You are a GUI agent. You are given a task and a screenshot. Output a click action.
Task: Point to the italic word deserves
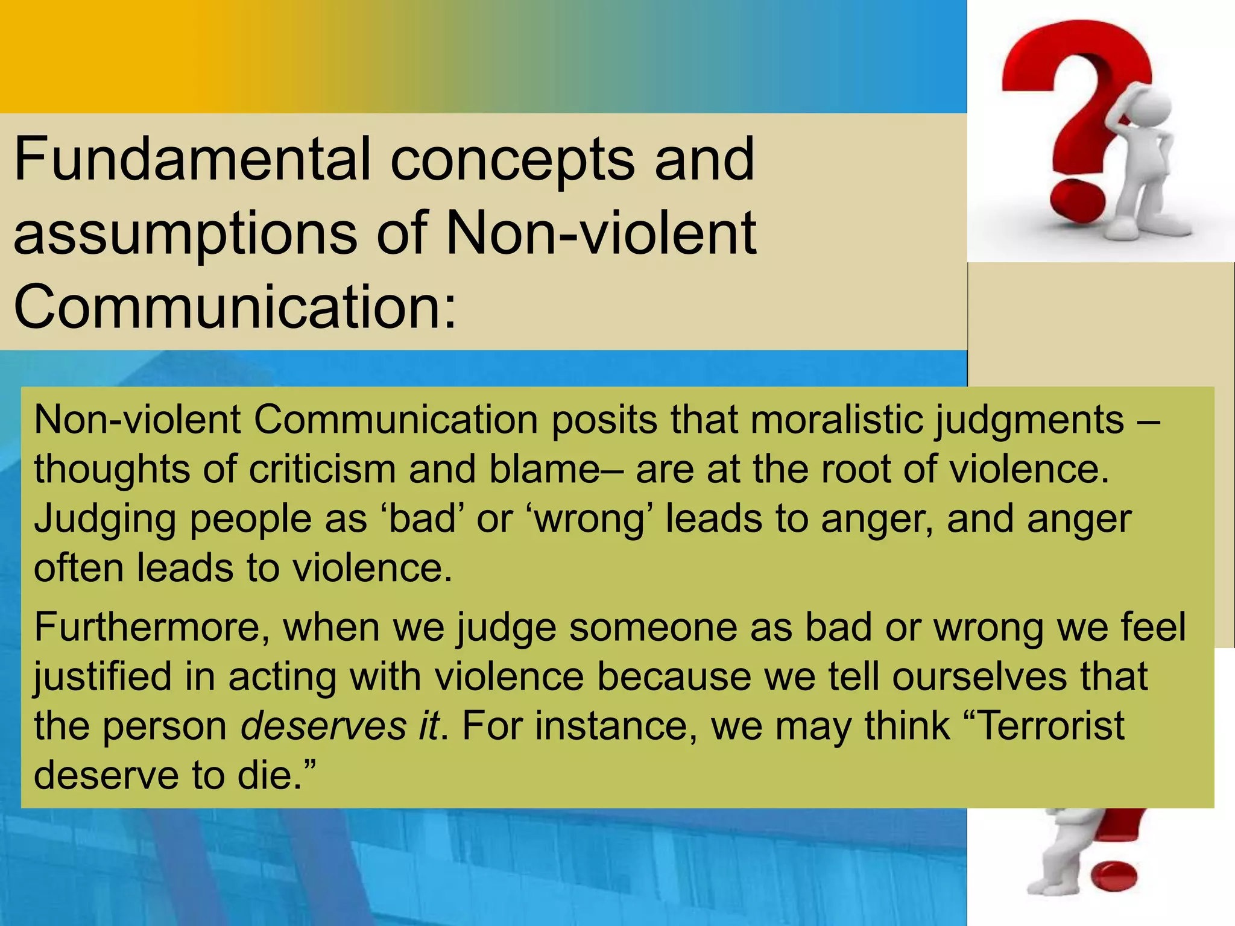coord(323,726)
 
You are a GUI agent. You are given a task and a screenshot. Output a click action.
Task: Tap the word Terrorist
coord(1049,725)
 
